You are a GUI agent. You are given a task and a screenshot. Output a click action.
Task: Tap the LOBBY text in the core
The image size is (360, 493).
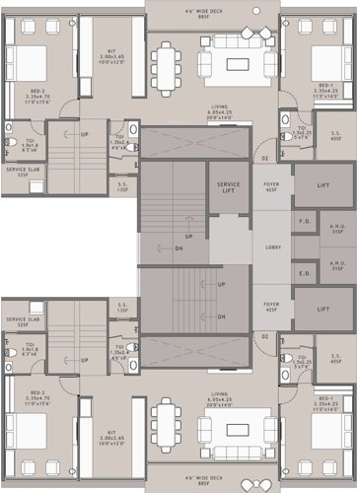tap(274, 246)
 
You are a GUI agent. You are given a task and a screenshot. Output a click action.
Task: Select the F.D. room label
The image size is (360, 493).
tap(305, 222)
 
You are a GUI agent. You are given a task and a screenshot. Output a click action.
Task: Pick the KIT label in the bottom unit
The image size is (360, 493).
tap(111, 435)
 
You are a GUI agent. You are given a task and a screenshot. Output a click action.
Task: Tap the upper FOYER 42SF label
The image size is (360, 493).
tap(272, 187)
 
